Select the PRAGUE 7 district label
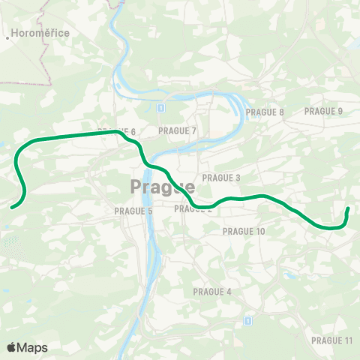point(177,131)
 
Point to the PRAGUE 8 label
point(265,112)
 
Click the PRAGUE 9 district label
point(323,112)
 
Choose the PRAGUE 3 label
point(221,178)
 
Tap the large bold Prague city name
point(162,186)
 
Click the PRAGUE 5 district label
point(133,211)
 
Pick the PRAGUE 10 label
point(244,232)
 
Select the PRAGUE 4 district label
point(212,292)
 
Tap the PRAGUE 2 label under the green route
point(193,209)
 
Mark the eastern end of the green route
point(348,209)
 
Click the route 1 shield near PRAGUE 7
point(160,108)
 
